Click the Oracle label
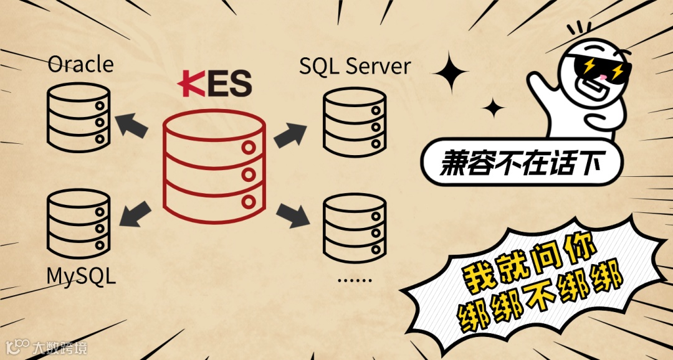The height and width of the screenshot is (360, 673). click(x=80, y=64)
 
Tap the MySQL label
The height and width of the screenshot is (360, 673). click(x=81, y=275)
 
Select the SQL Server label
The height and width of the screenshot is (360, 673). click(x=355, y=66)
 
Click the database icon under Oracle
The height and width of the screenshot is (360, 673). click(x=79, y=118)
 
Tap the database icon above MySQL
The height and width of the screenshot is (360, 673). click(x=79, y=224)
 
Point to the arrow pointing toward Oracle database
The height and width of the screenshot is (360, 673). click(x=133, y=125)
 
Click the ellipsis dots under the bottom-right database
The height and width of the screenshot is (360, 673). click(x=353, y=279)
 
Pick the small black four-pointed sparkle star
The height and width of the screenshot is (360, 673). click(x=494, y=108)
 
